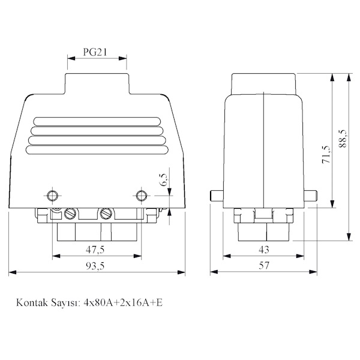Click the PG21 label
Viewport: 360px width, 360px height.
pos(95,52)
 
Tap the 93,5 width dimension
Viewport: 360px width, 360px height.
pos(95,266)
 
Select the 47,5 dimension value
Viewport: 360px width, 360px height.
pos(95,250)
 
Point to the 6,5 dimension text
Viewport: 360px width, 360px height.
pos(164,180)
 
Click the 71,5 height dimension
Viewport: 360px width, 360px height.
pos(326,154)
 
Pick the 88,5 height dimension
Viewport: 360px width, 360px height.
pos(343,138)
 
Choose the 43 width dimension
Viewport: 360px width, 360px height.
pos(263,250)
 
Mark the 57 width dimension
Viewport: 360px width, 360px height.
pos(264,266)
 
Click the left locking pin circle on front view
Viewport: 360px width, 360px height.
pos(52,196)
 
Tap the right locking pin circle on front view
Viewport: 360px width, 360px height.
pos(142,196)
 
